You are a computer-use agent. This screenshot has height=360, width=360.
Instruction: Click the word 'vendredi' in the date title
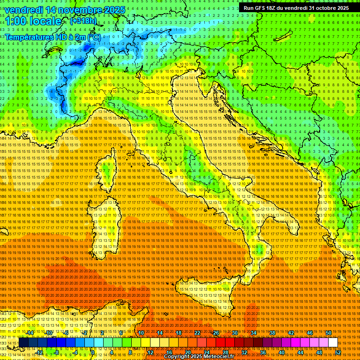pos(24,10)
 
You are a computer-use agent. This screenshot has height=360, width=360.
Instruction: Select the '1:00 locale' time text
pos(33,21)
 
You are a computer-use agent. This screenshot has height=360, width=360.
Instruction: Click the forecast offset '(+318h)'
pos(84,21)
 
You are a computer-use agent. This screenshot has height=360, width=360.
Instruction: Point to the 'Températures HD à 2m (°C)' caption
pos(52,37)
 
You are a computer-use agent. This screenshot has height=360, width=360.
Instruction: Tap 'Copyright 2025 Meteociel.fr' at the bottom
pos(199,357)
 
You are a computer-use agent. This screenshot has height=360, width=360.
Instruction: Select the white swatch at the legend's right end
pos(333,343)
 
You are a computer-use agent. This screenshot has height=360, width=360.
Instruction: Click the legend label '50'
pos(328,333)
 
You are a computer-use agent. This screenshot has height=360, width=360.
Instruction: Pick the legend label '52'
pos(337,352)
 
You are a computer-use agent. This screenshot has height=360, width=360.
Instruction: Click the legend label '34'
pos(253,333)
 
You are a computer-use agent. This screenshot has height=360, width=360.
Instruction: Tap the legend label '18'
pos(178,333)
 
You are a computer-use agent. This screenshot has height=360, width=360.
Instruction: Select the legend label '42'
pos(291,333)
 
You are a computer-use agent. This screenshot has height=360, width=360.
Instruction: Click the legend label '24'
pos(206,352)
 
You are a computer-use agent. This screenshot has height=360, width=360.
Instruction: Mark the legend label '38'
pos(272,333)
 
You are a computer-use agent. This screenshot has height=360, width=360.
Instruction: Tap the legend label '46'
pos(309,333)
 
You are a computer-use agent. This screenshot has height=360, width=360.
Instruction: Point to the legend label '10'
pos(141,333)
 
